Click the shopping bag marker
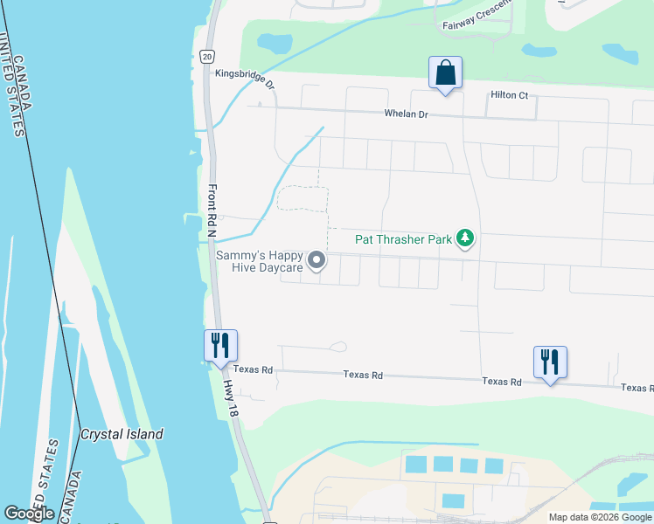[445, 72]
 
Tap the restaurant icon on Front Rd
[220, 346]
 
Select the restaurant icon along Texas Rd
[550, 362]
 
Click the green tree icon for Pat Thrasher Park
[466, 238]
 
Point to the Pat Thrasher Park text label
[403, 238]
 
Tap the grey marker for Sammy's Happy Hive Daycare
[317, 259]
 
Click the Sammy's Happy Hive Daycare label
[260, 261]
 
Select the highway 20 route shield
[206, 56]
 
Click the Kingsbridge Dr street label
[245, 80]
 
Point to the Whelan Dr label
[406, 114]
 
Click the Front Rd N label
[212, 209]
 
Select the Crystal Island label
[122, 434]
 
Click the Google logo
[29, 514]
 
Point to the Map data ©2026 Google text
[599, 517]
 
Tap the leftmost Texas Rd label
[254, 370]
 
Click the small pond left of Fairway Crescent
[275, 42]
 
